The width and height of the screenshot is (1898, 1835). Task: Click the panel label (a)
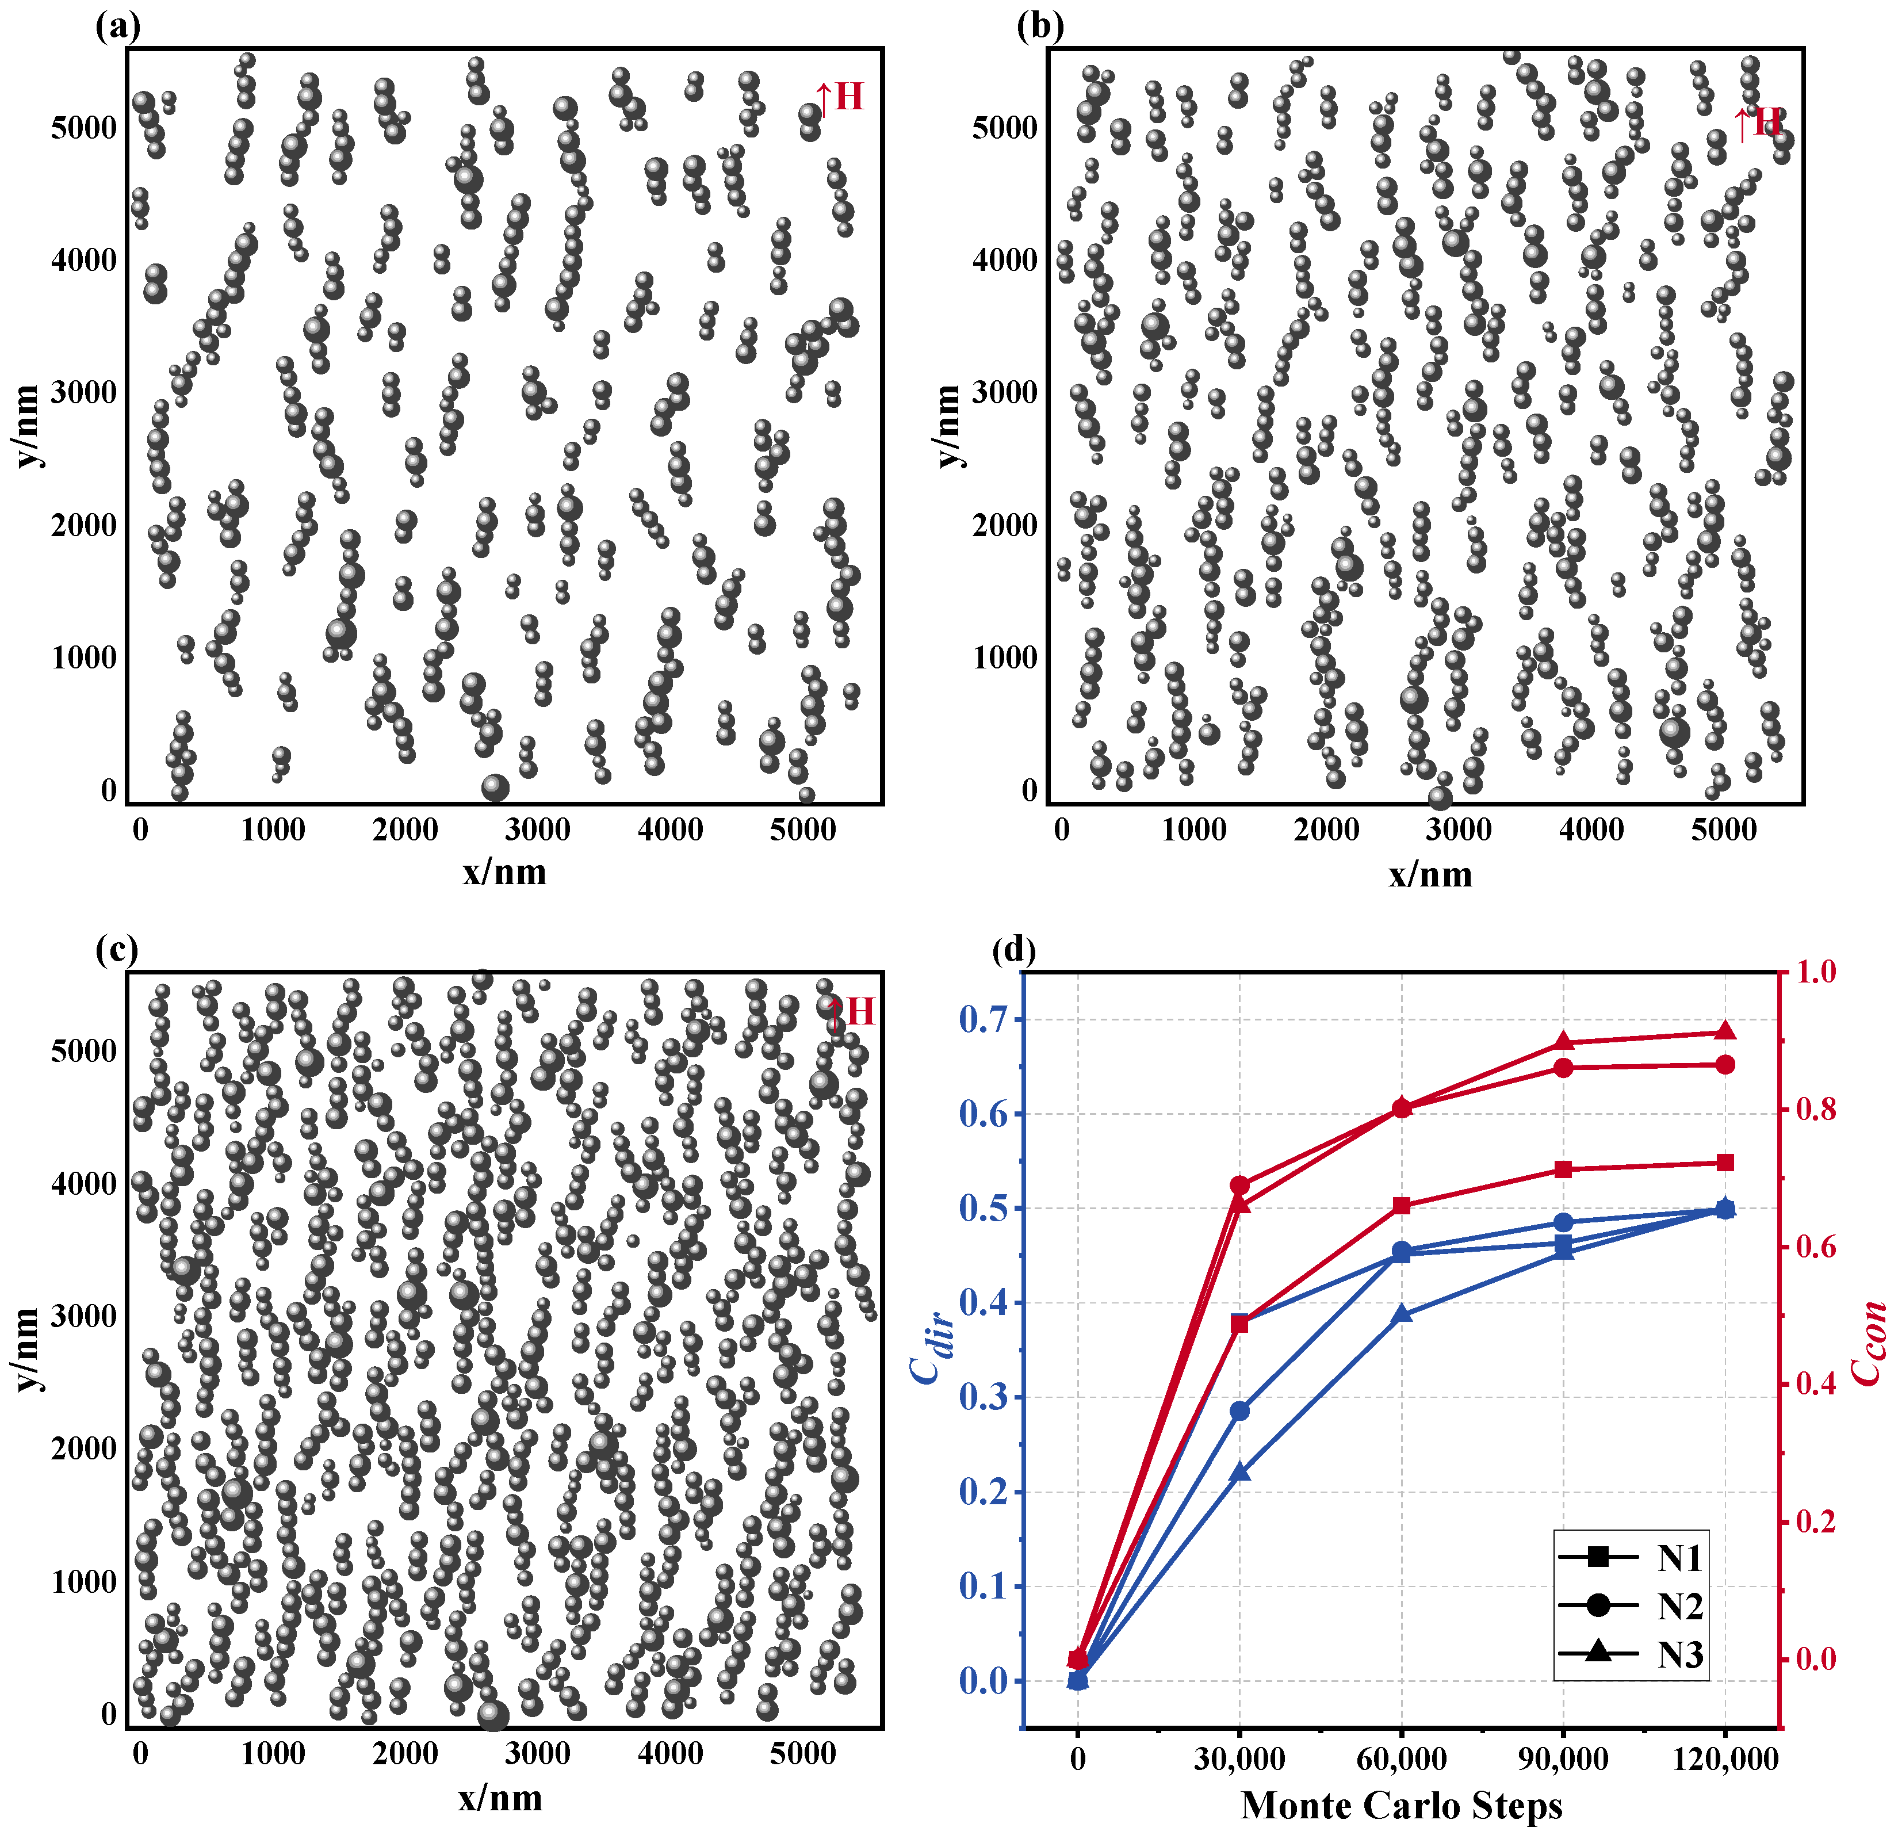click(118, 26)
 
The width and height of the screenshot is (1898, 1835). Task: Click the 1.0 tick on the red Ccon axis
click(1816, 971)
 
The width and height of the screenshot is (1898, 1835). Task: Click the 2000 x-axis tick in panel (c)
click(405, 1754)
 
